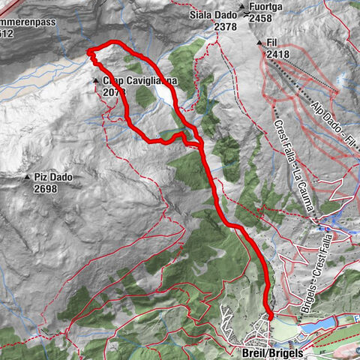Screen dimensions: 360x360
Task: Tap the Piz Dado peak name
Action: click(x=52, y=178)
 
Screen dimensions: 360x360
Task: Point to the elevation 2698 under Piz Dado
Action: click(x=45, y=189)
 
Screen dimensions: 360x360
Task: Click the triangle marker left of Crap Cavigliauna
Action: click(x=96, y=81)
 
